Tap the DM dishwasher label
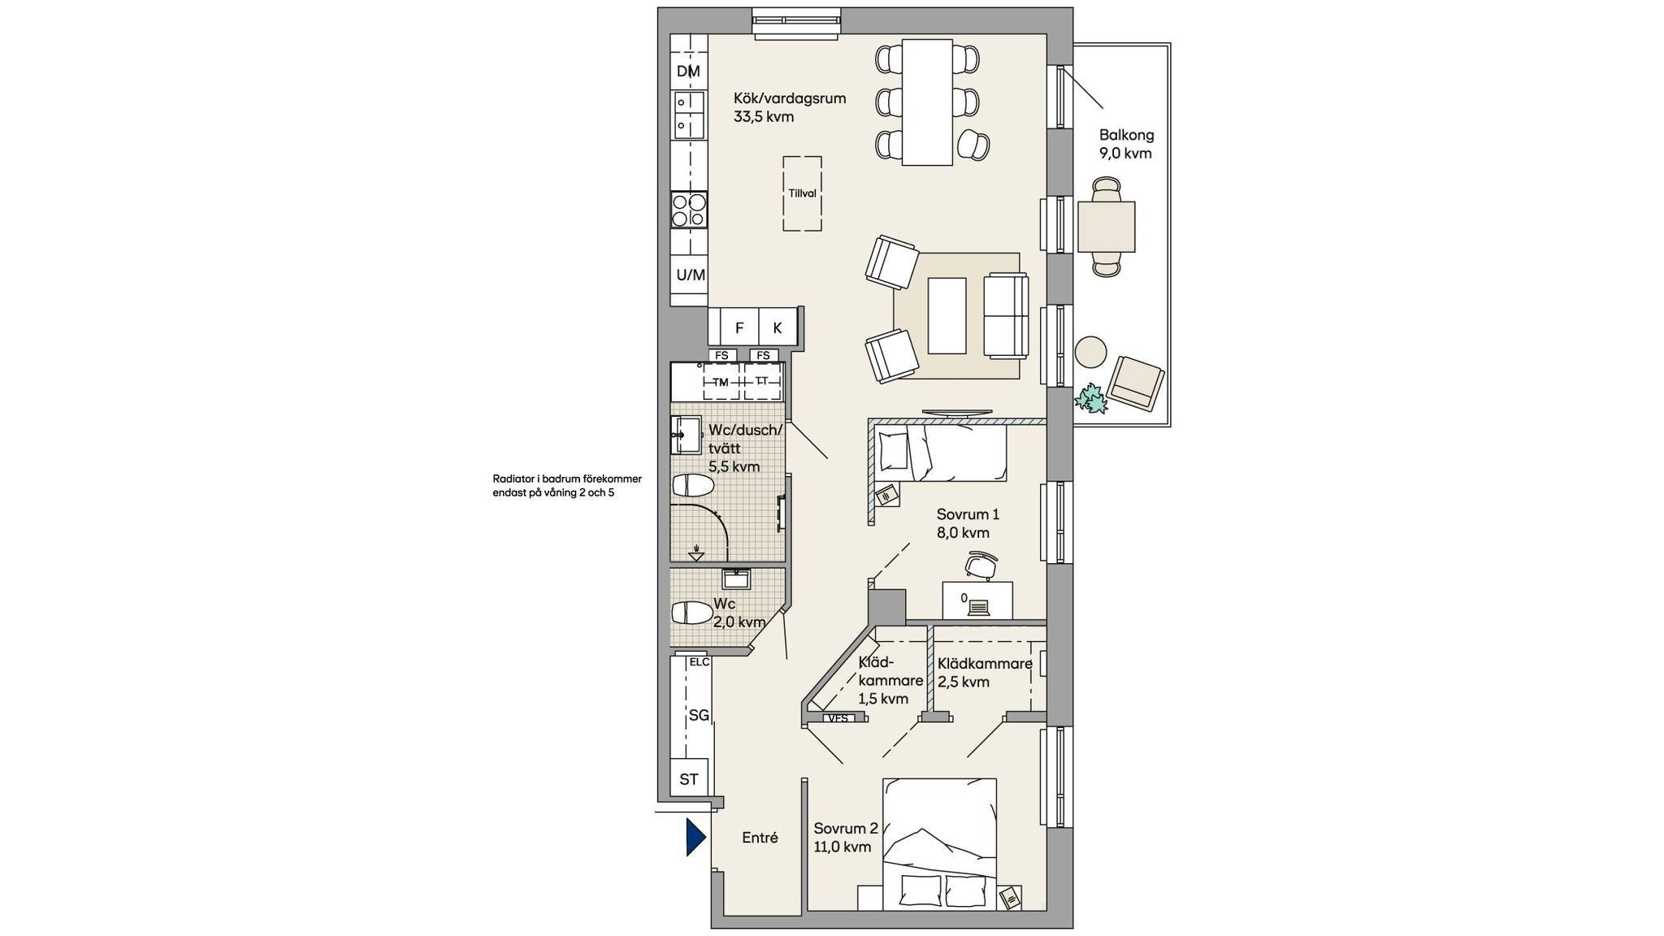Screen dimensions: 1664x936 click(x=688, y=71)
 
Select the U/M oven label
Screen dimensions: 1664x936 click(x=691, y=275)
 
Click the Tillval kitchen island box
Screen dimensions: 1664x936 click(x=802, y=193)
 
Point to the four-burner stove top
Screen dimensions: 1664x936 click(x=689, y=210)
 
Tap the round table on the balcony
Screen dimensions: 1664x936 click(x=1090, y=353)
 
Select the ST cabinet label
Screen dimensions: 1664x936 click(x=689, y=779)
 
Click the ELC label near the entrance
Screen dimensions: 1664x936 click(x=699, y=662)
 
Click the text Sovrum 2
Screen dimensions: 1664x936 click(x=846, y=829)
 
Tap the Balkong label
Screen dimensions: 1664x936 click(x=1126, y=136)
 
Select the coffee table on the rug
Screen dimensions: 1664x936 click(x=947, y=315)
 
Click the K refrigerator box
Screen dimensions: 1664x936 click(x=778, y=327)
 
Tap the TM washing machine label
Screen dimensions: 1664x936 click(x=721, y=382)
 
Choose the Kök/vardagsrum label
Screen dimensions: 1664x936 click(x=790, y=98)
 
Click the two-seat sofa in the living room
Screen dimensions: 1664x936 click(x=1006, y=316)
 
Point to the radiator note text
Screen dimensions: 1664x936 click(x=567, y=486)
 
